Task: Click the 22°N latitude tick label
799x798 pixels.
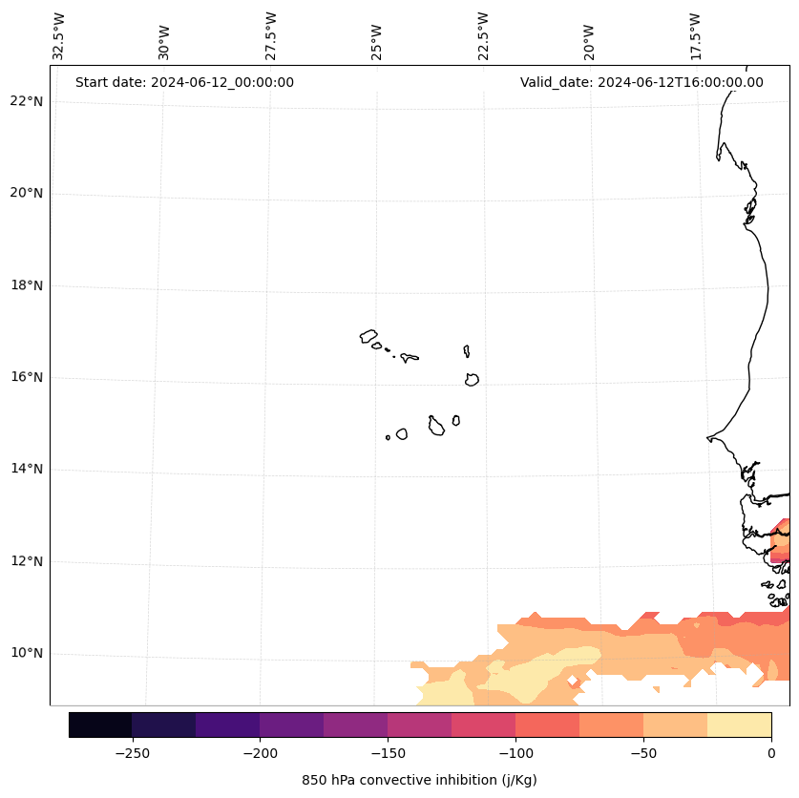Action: click(26, 101)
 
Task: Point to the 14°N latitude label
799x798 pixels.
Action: click(26, 470)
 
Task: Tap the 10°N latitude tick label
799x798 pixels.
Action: click(26, 654)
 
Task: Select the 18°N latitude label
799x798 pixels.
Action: click(26, 285)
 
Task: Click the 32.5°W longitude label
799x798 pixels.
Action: click(59, 36)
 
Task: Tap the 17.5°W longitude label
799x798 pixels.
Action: click(696, 36)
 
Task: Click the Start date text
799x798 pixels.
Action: click(184, 82)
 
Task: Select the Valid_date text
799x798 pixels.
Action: click(641, 82)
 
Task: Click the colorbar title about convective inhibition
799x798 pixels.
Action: click(419, 780)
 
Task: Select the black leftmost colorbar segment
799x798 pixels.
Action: click(100, 724)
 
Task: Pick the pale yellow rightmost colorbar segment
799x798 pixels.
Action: click(739, 724)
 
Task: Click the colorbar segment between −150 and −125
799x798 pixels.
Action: click(419, 724)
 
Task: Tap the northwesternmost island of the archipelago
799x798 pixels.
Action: click(368, 336)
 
